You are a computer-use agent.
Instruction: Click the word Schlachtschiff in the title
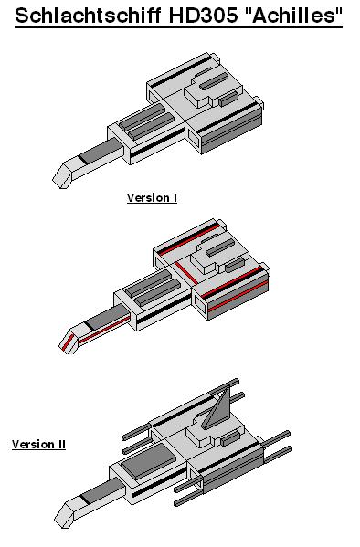coord(89,15)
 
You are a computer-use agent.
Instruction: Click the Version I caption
coord(152,198)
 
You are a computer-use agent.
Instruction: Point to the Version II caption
coord(38,444)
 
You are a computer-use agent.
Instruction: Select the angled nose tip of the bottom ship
coord(64,514)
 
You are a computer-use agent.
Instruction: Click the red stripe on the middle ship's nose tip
coord(68,342)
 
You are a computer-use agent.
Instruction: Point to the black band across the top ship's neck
coord(83,159)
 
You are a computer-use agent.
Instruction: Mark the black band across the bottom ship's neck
coord(85,499)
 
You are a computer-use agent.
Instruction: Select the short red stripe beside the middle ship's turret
coord(186,272)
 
